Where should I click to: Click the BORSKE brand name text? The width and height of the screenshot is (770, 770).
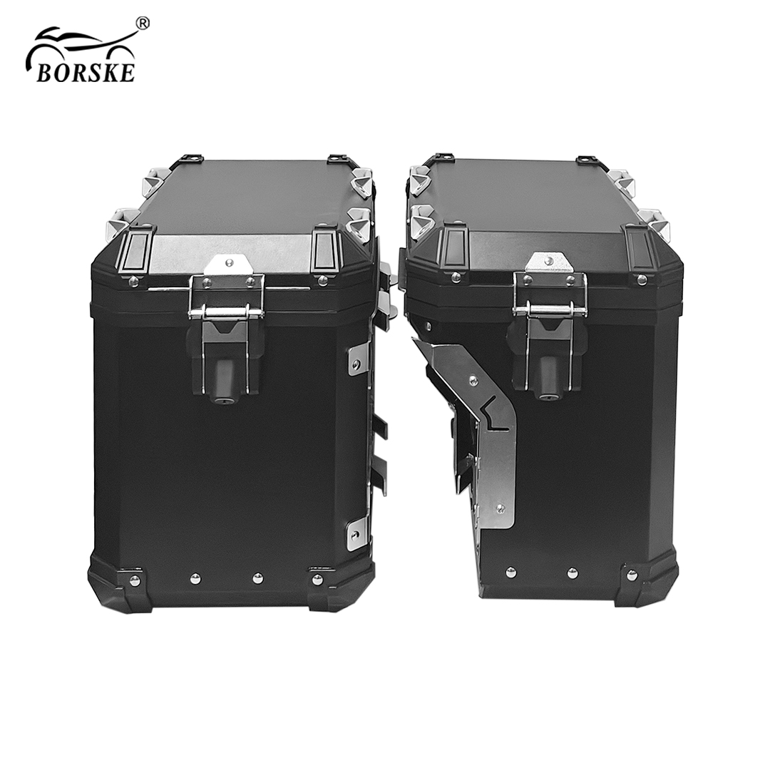coord(85,72)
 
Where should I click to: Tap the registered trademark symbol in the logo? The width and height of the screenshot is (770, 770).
coord(142,24)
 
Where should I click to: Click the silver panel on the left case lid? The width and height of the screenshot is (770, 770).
coord(232,255)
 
